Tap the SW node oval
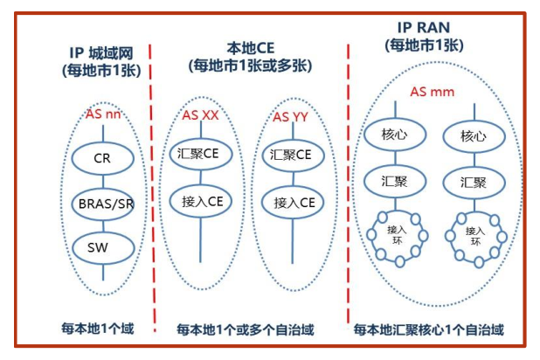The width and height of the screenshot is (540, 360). (x=103, y=246)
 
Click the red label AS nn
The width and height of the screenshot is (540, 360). (x=105, y=114)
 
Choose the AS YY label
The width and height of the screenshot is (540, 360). (x=293, y=116)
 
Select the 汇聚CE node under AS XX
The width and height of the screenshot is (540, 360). (x=200, y=154)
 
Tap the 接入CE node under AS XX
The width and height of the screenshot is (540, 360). (x=200, y=202)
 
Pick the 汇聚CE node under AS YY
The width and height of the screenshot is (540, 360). (x=294, y=154)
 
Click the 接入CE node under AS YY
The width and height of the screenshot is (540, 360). (x=294, y=202)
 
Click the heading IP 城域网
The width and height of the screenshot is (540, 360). (x=102, y=52)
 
